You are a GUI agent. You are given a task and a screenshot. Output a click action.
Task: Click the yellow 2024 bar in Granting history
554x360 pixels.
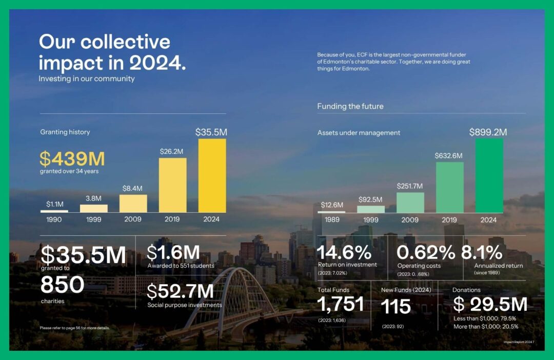click(x=212, y=175)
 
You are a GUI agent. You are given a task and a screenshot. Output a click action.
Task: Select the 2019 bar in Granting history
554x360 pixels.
click(x=172, y=185)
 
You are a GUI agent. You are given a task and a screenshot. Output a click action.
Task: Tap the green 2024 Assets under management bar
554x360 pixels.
click(x=489, y=176)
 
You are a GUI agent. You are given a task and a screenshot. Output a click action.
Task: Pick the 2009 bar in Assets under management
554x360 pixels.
click(x=410, y=203)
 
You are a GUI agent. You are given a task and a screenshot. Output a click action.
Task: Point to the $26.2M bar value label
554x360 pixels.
click(x=171, y=152)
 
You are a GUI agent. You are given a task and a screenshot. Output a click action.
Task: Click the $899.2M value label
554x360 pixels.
click(x=488, y=132)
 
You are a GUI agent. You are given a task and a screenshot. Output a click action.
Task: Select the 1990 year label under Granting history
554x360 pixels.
click(x=54, y=219)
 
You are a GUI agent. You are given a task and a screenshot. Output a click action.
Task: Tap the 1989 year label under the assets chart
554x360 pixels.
click(x=332, y=220)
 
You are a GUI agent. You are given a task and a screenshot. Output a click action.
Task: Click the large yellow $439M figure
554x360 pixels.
click(x=72, y=158)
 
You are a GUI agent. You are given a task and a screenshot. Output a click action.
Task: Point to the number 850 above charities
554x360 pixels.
click(x=63, y=285)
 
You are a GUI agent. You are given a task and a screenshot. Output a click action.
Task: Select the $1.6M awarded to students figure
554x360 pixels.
click(x=173, y=253)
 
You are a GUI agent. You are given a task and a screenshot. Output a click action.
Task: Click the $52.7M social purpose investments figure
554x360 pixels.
click(x=180, y=291)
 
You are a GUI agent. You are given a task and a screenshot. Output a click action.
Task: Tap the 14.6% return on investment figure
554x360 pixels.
click(x=344, y=253)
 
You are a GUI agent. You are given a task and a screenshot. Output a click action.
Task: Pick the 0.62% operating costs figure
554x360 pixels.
click(x=426, y=253)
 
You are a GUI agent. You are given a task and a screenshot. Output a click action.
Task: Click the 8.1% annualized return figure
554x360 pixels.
click(x=482, y=252)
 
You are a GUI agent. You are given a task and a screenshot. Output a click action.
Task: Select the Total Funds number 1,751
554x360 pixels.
click(x=341, y=304)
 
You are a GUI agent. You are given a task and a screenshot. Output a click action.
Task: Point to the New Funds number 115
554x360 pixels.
click(x=395, y=306)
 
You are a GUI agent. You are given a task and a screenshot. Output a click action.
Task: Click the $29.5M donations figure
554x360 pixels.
click(x=490, y=304)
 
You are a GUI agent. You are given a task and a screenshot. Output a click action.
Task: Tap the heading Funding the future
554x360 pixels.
click(x=350, y=106)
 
